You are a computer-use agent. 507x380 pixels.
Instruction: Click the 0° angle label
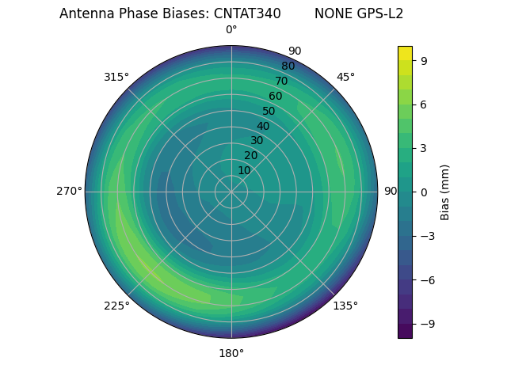(x=231, y=30)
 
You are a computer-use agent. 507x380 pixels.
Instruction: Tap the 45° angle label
(x=345, y=77)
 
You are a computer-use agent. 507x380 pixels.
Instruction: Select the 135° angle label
(x=345, y=306)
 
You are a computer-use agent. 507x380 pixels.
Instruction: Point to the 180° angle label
(x=231, y=353)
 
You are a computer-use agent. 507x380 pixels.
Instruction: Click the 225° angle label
(x=116, y=306)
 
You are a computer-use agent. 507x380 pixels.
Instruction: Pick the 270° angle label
(x=69, y=191)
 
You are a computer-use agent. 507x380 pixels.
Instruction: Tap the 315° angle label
(x=116, y=77)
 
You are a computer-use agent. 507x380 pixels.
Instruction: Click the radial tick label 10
(x=244, y=170)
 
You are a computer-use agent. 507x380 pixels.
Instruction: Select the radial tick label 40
(x=263, y=126)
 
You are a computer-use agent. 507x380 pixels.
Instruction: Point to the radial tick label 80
(x=288, y=66)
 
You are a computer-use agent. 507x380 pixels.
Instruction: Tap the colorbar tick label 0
(x=424, y=192)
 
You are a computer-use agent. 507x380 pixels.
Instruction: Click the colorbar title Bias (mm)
(x=445, y=192)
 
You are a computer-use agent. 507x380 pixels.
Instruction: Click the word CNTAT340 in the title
(x=247, y=13)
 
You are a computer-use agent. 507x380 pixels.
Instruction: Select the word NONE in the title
(x=330, y=13)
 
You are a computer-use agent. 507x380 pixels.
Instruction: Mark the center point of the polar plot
(x=231, y=192)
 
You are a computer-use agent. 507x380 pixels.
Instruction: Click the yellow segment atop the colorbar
(x=405, y=53)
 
